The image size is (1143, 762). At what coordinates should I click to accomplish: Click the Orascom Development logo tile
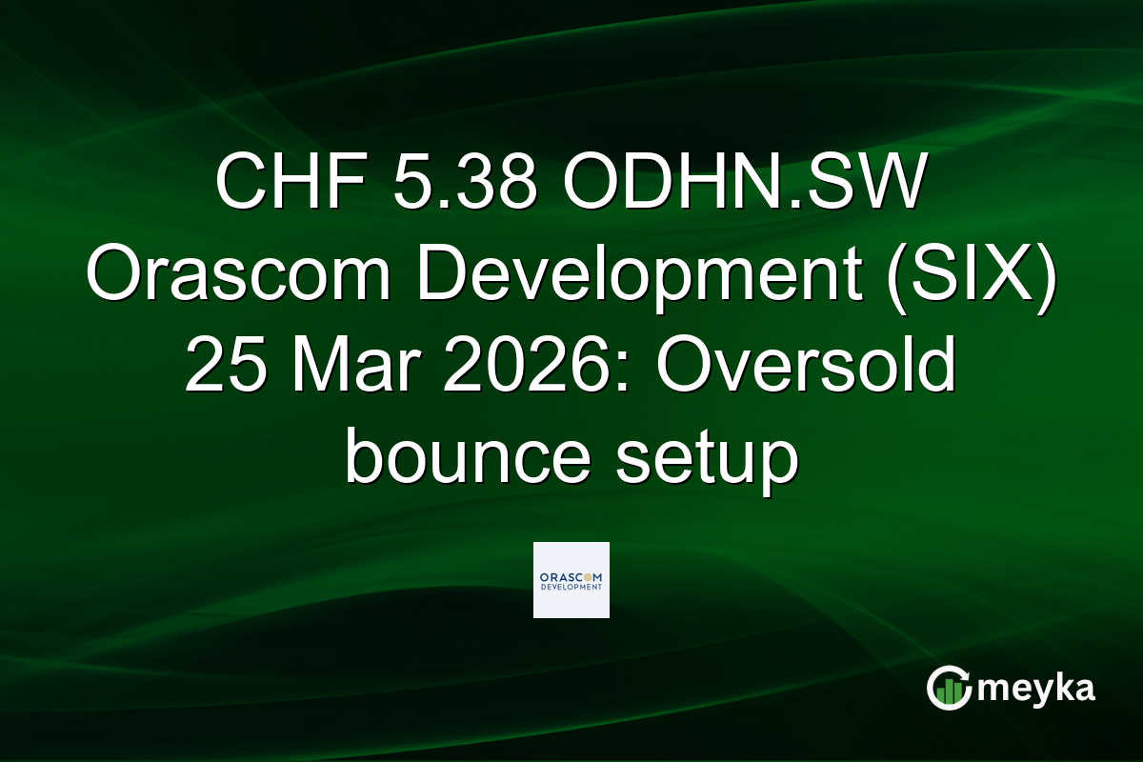[571, 579]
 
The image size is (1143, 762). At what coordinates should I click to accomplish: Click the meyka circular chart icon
[948, 688]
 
